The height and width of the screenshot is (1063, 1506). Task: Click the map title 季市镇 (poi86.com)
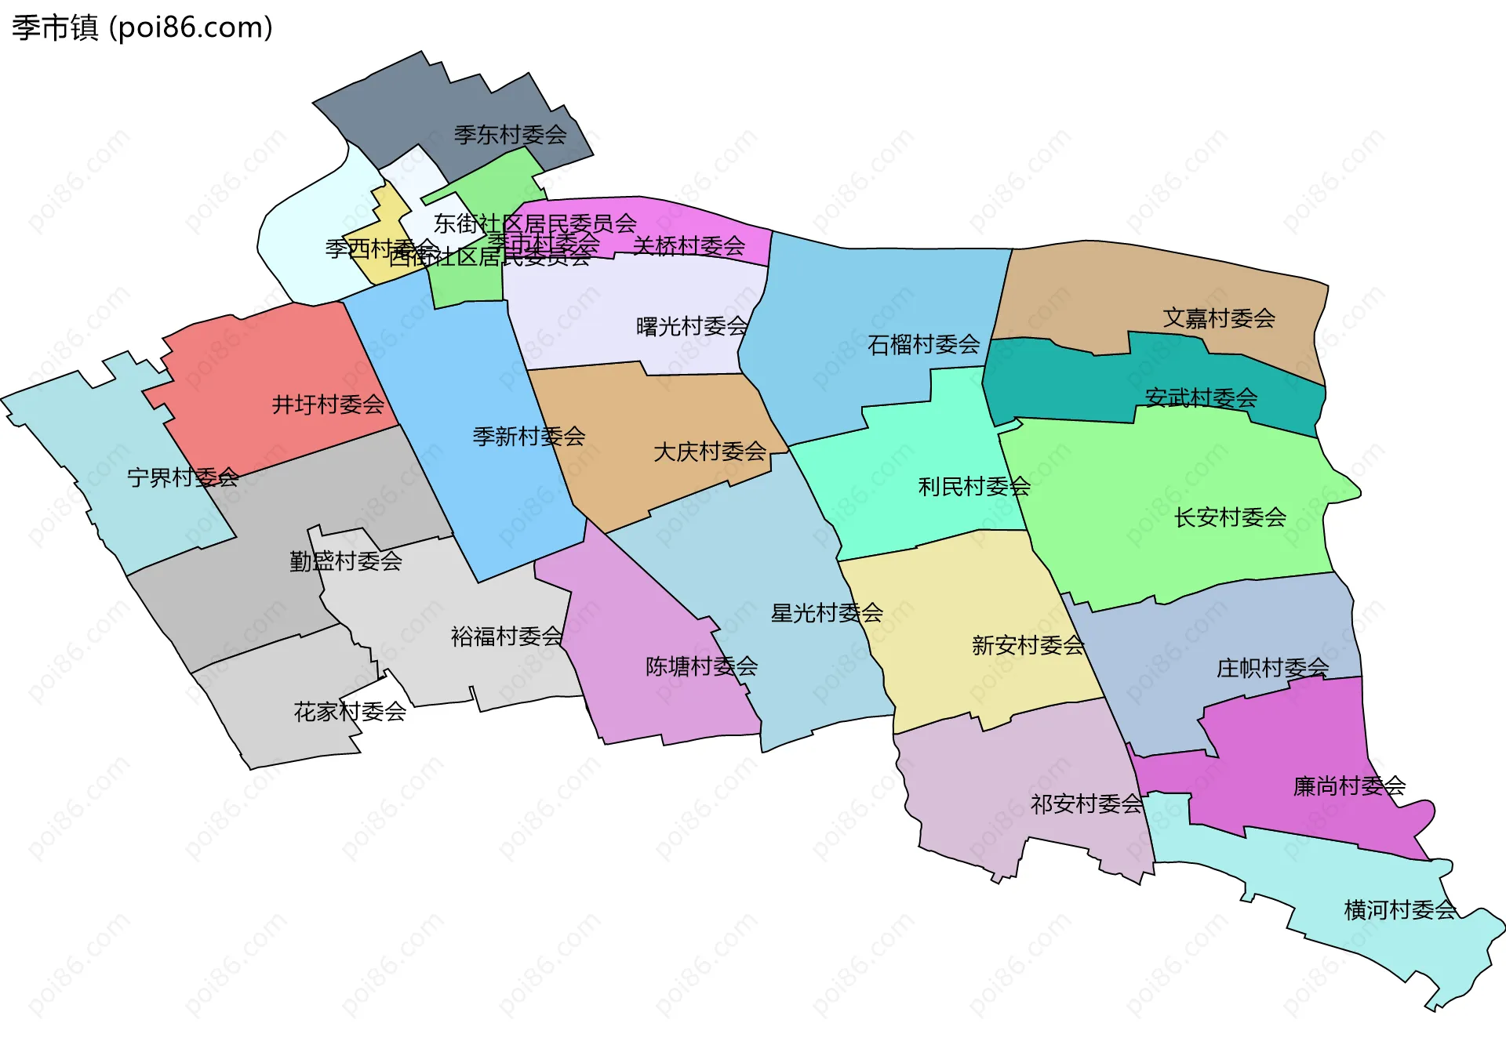(142, 27)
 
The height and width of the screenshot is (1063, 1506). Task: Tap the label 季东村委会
(510, 135)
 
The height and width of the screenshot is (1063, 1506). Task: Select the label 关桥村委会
(689, 246)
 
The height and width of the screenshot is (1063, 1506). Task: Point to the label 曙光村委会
(692, 326)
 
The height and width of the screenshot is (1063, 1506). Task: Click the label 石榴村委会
(923, 344)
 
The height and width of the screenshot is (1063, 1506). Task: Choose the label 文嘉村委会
(1218, 318)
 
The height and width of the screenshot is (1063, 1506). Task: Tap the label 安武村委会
(1201, 398)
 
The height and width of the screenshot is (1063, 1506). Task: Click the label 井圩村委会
(328, 405)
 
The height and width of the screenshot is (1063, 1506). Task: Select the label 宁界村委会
(183, 477)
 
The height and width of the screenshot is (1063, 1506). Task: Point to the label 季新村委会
(529, 437)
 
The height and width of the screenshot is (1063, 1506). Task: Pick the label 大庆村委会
(710, 452)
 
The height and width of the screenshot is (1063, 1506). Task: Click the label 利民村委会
(974, 487)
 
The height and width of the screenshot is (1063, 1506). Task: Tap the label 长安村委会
(1230, 517)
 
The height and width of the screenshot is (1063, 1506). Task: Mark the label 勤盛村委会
(346, 561)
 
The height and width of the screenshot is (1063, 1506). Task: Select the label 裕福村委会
(507, 637)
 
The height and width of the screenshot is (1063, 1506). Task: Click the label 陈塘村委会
(701, 666)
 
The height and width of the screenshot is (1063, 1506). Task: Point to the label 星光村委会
(827, 613)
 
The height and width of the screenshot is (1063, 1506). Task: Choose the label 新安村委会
(1028, 645)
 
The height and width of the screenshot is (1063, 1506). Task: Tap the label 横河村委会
(1400, 910)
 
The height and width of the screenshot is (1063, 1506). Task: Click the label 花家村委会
(350, 712)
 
